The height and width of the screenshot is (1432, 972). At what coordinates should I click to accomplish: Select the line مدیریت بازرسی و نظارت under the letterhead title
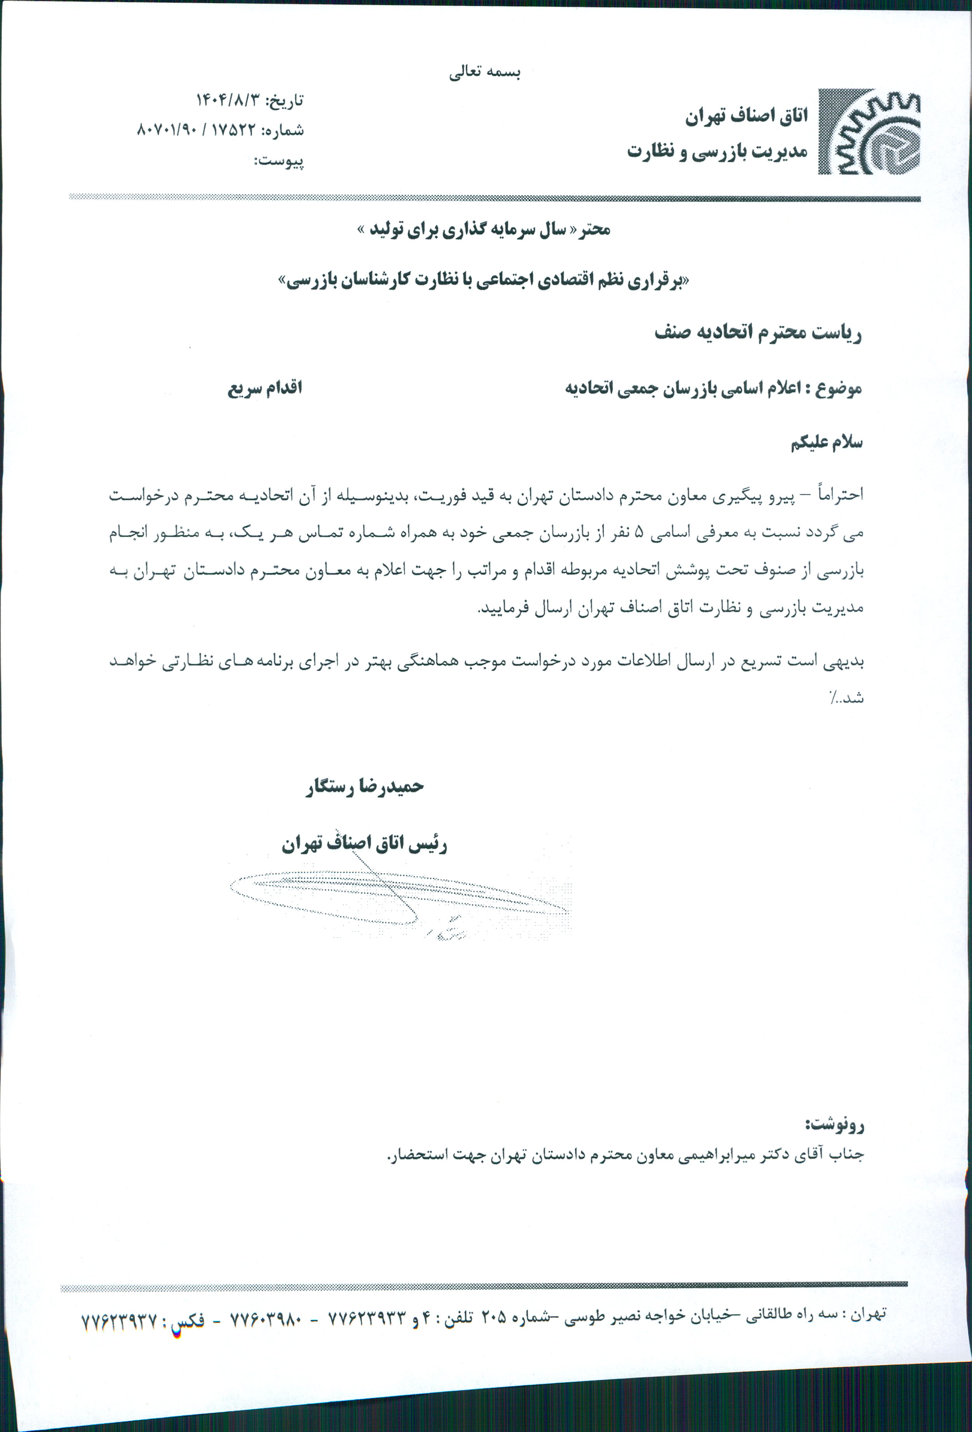click(718, 151)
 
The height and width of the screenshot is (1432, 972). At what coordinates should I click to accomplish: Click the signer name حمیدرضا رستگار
click(365, 787)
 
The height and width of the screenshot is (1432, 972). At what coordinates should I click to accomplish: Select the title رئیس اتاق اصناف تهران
click(364, 844)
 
